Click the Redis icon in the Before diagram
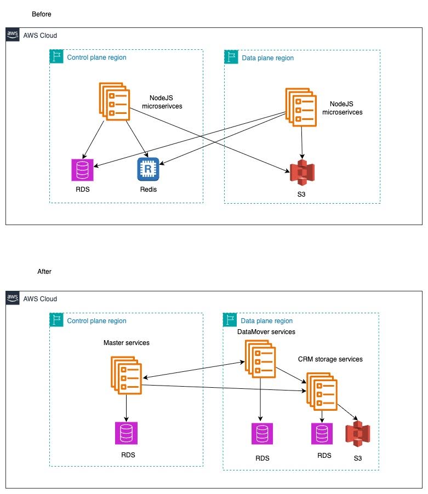coord(147,169)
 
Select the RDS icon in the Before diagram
coord(83,170)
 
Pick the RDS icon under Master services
coord(127,433)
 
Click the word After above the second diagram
coord(44,272)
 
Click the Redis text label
coord(147,190)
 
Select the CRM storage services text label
coord(330,359)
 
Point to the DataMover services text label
coord(266,332)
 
